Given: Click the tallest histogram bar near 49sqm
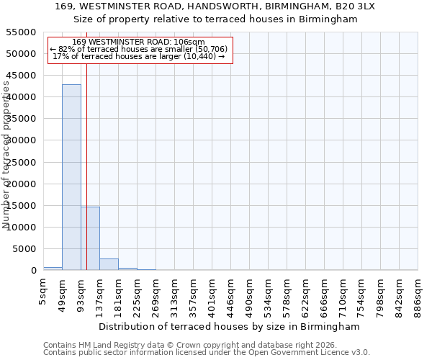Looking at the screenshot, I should pyautogui.click(x=71, y=177).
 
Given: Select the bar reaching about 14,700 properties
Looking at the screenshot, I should pyautogui.click(x=90, y=238).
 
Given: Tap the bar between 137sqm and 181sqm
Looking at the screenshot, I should pyautogui.click(x=109, y=264).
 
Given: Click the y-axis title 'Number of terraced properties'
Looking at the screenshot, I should pyautogui.click(x=7, y=155).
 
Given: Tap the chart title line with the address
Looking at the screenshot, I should pyautogui.click(x=215, y=6).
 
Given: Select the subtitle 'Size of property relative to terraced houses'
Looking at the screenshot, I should pyautogui.click(x=215, y=19).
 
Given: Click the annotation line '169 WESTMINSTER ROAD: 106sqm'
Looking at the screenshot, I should pyautogui.click(x=139, y=42).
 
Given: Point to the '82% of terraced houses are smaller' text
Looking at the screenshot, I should pyautogui.click(x=139, y=50).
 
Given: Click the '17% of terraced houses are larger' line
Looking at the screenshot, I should pyautogui.click(x=139, y=57).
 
